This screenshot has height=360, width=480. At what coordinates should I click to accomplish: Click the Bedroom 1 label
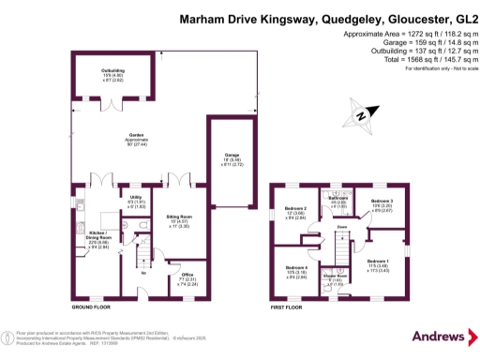click(379, 263)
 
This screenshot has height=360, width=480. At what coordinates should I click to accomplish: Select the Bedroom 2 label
click(296, 211)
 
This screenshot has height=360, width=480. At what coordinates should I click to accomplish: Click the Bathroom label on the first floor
click(338, 200)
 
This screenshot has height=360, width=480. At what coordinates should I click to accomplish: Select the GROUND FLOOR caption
click(92, 307)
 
